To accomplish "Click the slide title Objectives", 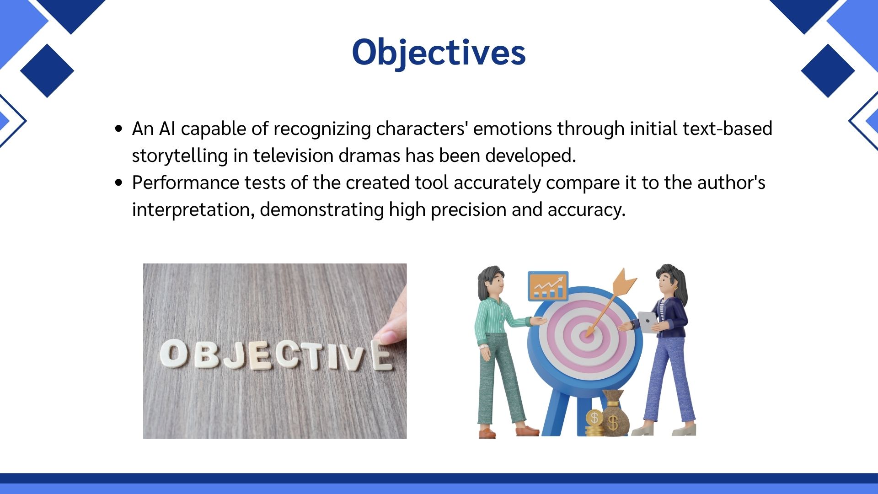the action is coord(439,53).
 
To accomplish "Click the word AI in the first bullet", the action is coord(167,129).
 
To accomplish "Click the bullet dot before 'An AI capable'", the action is coord(119,129).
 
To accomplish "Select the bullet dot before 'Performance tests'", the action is coord(119,183).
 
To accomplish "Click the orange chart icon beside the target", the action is coord(548,286).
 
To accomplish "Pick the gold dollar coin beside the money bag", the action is coord(594,418).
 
